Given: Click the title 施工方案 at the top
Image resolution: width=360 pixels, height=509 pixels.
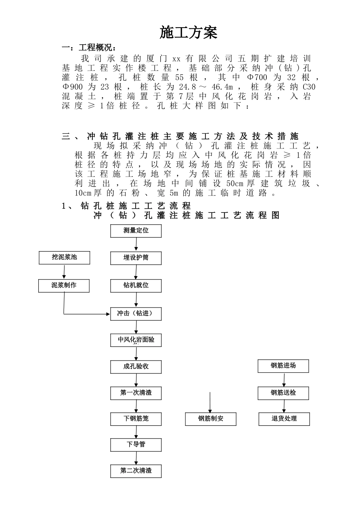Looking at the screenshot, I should click(188, 33).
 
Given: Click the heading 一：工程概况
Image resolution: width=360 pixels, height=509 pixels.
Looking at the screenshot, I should click(89, 48).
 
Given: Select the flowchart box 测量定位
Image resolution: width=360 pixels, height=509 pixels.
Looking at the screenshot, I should click(136, 231).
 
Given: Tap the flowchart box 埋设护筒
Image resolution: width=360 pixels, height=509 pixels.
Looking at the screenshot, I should click(136, 258).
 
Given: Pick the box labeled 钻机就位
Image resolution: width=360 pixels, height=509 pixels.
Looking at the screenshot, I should click(136, 286).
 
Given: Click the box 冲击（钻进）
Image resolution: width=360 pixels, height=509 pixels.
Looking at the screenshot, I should click(136, 314).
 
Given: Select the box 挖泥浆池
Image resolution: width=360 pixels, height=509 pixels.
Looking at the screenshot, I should click(64, 258).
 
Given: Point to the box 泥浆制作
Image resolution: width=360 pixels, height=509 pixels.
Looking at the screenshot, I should click(64, 286).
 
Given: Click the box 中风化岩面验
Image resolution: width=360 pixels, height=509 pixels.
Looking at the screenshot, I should click(136, 340).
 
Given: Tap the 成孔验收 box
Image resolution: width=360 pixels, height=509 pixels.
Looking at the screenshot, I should click(136, 367).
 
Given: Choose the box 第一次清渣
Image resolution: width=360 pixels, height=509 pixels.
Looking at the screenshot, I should click(136, 393).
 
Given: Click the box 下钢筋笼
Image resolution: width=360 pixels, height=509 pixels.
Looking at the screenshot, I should click(136, 419).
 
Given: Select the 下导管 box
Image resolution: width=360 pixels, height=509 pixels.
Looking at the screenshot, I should click(136, 445).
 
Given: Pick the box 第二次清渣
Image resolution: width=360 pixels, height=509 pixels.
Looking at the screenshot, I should click(136, 471).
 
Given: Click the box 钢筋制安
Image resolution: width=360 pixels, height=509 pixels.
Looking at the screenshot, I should click(211, 419).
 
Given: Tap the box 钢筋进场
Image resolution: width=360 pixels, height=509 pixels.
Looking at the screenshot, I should click(283, 366).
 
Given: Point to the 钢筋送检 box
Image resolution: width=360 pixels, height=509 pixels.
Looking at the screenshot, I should click(283, 393).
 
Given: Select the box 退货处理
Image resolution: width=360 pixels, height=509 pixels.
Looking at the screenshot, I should click(284, 419).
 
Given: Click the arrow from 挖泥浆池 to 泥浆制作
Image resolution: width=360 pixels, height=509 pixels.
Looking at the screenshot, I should click(64, 272).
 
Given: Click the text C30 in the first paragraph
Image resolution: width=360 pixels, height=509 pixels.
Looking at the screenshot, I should click(309, 87).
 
